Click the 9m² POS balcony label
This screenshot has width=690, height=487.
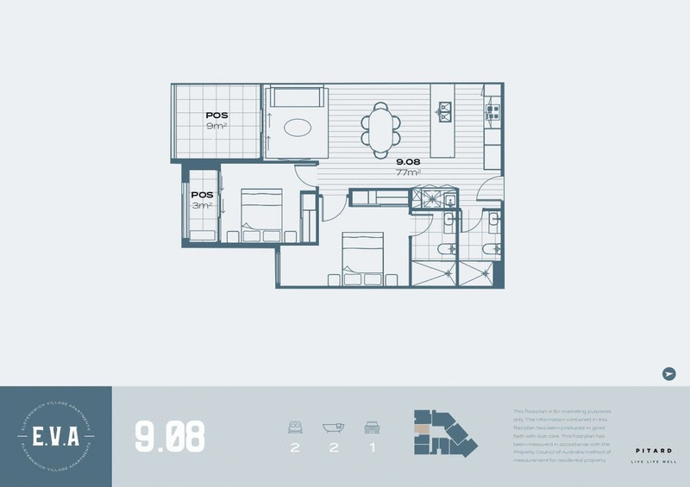click(x=216, y=121)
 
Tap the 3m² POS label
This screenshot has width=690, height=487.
click(x=202, y=200)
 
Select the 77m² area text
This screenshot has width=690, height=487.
click(x=408, y=172)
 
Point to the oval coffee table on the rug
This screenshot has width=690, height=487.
click(x=298, y=128)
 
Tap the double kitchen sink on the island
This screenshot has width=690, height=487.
click(x=447, y=109)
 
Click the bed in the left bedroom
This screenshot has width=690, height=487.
click(x=260, y=215)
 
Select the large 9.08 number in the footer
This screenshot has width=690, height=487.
click(x=170, y=436)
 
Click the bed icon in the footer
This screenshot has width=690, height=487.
click(x=294, y=427)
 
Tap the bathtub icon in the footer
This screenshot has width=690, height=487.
click(x=333, y=427)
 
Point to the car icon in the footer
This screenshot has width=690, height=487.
click(x=373, y=427)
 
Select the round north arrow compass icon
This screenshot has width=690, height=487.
click(x=668, y=373)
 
